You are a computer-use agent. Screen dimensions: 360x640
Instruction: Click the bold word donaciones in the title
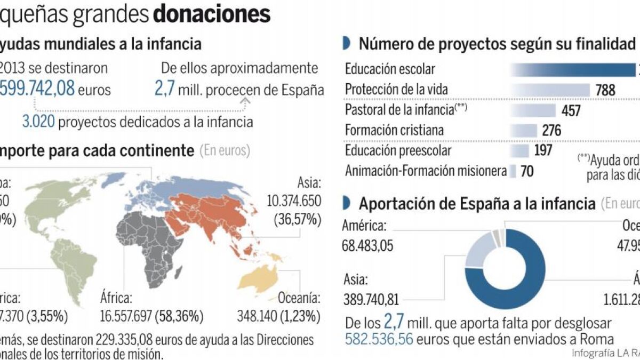211,14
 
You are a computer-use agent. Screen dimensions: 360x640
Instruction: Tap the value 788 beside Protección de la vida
605,91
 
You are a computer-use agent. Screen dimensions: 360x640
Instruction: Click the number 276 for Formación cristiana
552,131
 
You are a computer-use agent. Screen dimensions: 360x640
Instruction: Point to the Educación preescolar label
398,151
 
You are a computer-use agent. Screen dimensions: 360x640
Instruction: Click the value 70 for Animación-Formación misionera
526,171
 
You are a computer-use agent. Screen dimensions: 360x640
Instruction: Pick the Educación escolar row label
390,69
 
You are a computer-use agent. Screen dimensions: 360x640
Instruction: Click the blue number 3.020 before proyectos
38,122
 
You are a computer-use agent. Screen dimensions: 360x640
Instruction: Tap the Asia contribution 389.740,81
372,299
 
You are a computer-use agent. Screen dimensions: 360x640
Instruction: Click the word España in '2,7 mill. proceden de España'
303,90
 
